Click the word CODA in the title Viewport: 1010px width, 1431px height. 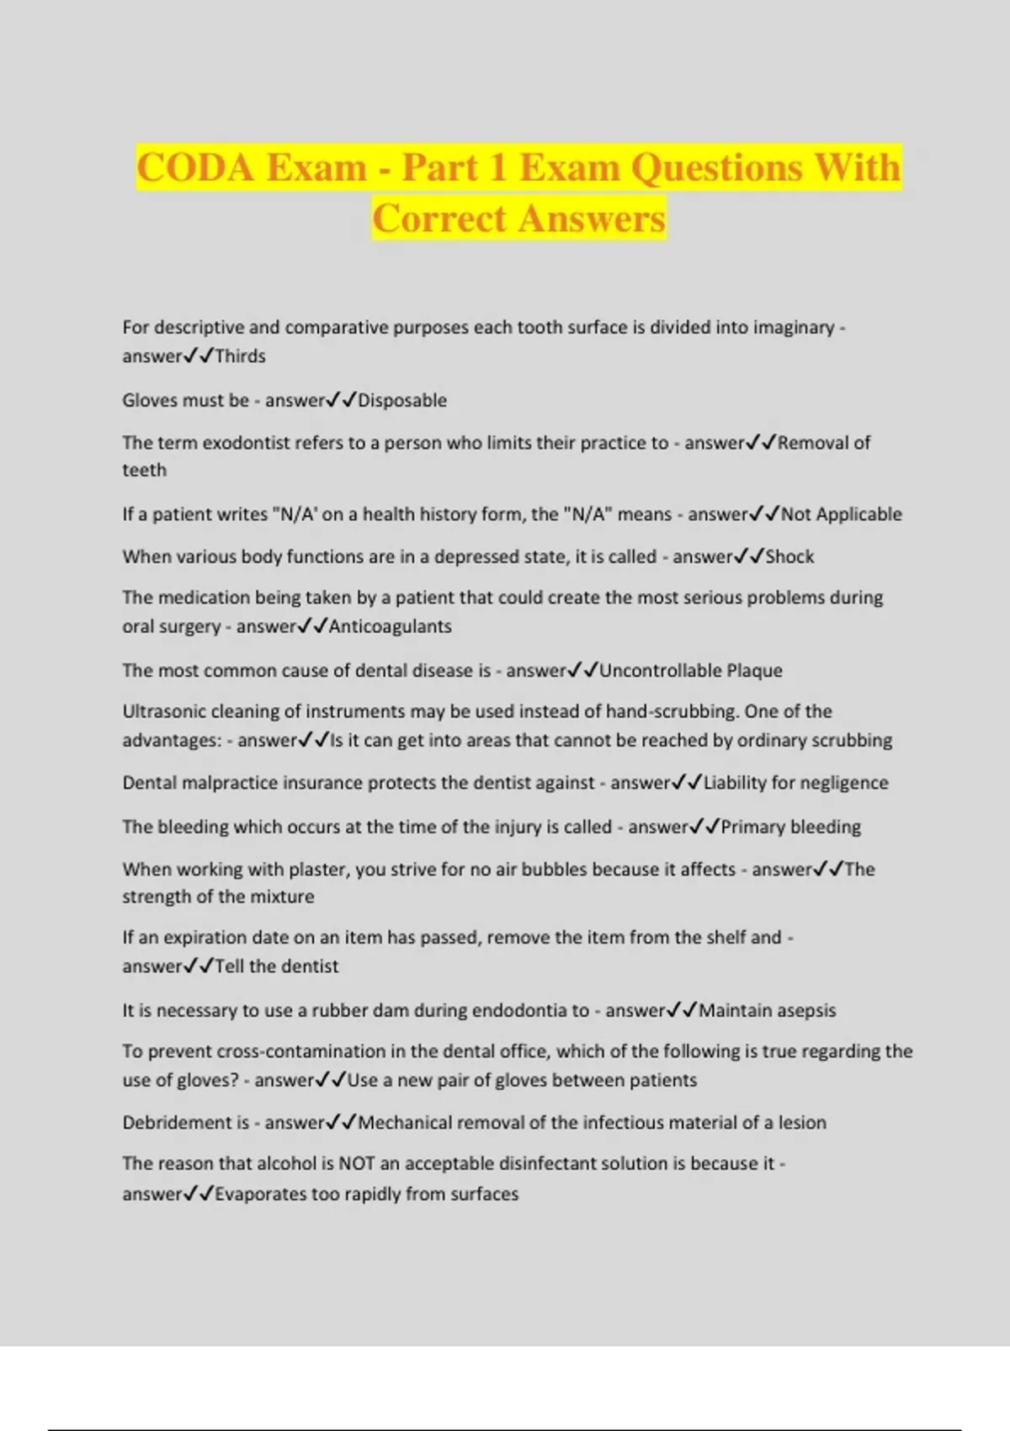[195, 167]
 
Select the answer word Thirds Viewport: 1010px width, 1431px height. [241, 356]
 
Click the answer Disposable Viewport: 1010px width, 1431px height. [402, 400]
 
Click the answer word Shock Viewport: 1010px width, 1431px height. [789, 556]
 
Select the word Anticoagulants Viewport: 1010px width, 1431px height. [391, 626]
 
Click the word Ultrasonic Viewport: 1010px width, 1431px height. [165, 711]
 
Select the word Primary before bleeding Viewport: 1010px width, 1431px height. [752, 827]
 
